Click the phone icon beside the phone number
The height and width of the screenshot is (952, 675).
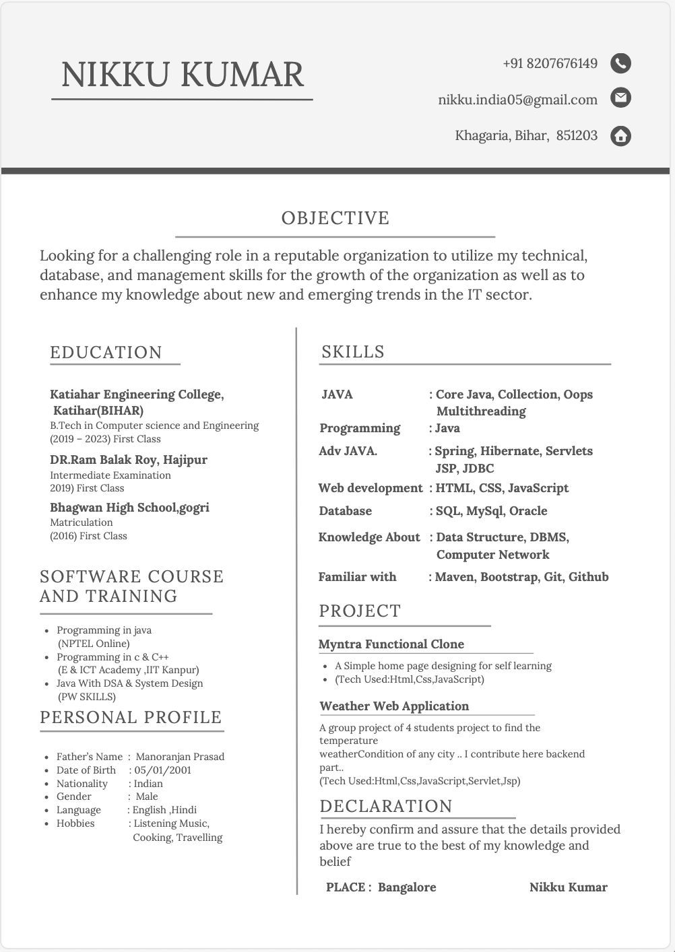pos(620,63)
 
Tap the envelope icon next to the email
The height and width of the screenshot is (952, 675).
pos(620,98)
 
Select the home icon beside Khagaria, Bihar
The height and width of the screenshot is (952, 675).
pos(620,136)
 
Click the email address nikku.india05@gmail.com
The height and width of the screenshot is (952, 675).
pos(517,100)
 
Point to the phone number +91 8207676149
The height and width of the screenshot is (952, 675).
pos(550,63)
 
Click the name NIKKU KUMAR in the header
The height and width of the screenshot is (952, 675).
pos(183,74)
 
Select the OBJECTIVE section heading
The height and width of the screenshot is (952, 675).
pos(335,218)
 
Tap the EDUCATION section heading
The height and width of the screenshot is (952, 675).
pos(106,352)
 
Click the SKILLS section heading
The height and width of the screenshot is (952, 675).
pos(353,351)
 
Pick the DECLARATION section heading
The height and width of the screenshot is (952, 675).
pos(386,806)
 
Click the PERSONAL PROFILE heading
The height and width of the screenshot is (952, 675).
pos(131,717)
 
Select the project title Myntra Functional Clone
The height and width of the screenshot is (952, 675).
pos(391,644)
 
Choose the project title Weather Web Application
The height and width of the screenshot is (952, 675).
pos(394,706)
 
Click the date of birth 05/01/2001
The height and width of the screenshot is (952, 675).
pos(162,770)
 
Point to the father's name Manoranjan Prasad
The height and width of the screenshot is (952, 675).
pos(180,757)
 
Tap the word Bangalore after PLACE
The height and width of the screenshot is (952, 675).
pos(407,887)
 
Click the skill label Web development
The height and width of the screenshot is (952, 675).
pos(370,488)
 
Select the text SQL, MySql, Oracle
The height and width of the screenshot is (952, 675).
pos(491,511)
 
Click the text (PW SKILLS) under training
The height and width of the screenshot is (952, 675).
pos(87,697)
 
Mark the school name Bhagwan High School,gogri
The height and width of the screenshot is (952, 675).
pos(129,508)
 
